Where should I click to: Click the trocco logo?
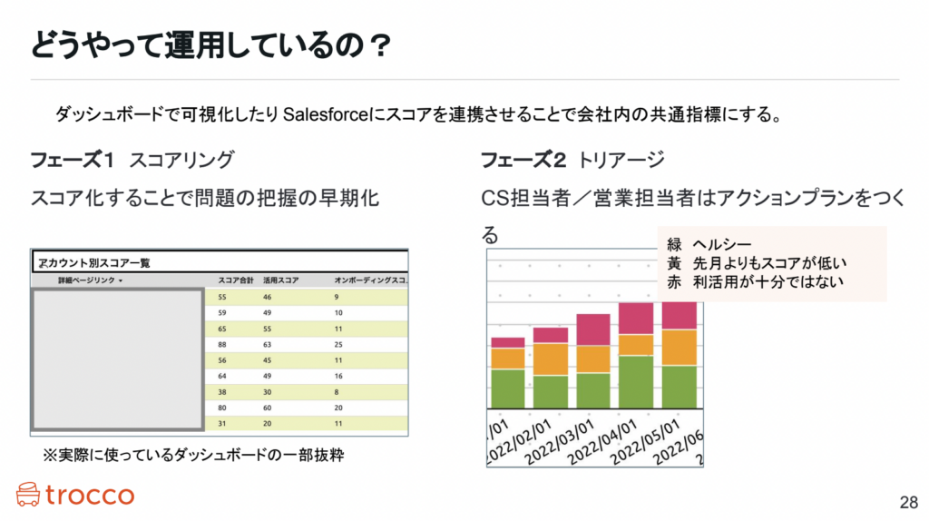74,495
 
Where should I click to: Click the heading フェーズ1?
72,161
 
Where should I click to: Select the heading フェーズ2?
523,161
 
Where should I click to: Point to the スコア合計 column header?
235,280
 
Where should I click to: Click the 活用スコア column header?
280,280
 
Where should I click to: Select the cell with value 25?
339,344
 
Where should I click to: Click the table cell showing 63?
269,344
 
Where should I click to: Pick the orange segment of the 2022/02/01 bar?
551,359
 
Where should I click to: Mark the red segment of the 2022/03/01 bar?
593,329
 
